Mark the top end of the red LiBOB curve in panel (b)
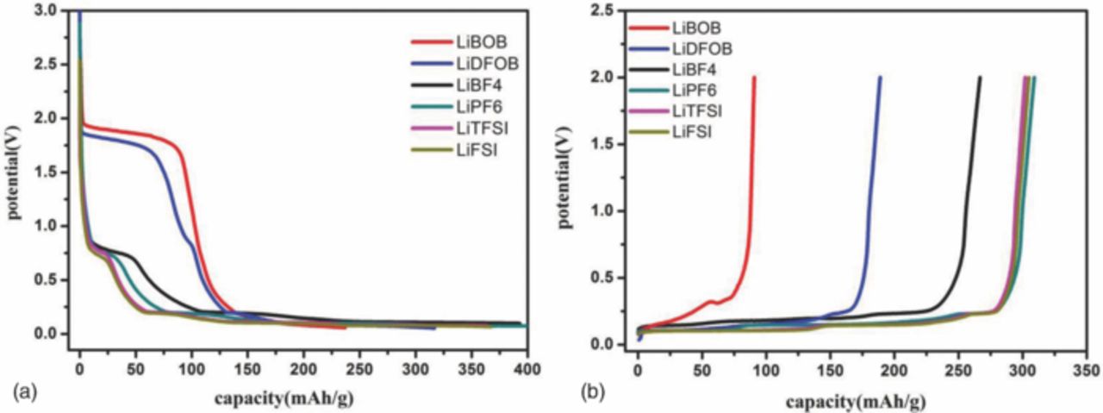pyautogui.click(x=754, y=78)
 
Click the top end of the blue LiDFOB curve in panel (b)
pyautogui.click(x=880, y=78)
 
